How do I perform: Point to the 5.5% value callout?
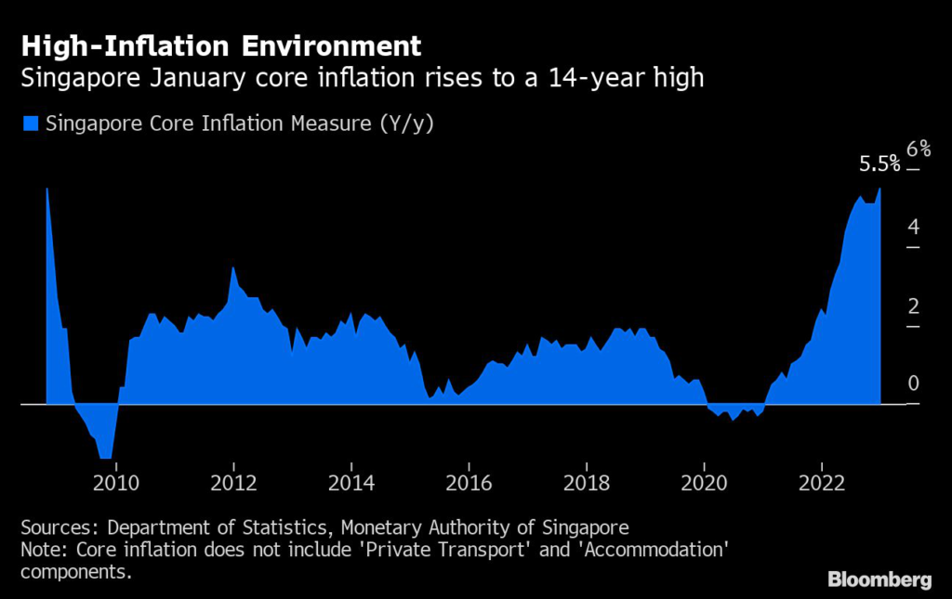879,164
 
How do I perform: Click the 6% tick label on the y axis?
918,149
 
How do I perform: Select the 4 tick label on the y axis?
913,228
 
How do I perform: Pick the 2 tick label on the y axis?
913,306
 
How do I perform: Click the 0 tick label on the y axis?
913,384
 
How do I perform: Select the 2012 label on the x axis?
233,483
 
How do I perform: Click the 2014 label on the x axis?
350,483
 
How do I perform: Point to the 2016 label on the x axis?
469,483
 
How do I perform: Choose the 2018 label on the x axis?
586,483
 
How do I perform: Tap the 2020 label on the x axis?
704,483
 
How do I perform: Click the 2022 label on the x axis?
821,483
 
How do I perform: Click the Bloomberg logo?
879,579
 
